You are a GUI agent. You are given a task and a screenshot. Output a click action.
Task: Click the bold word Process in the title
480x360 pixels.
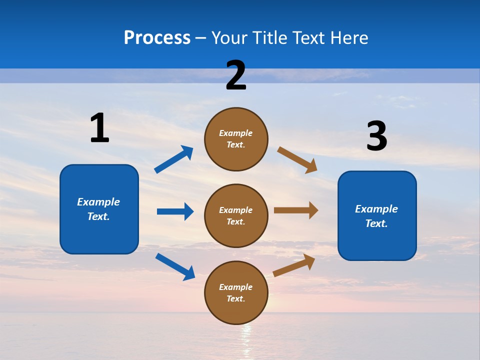[x=157, y=38]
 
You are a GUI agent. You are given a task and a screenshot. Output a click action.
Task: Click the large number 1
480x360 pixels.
[x=99, y=128]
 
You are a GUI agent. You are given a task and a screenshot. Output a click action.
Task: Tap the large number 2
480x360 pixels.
[x=236, y=75]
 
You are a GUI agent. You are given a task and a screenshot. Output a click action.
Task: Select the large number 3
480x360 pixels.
[x=376, y=136]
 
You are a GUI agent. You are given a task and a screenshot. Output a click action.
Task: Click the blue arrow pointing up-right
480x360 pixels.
[x=173, y=159]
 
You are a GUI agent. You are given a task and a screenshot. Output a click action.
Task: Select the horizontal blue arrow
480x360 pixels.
[x=175, y=211]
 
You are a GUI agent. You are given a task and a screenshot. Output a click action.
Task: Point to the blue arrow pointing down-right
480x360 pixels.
[x=175, y=266]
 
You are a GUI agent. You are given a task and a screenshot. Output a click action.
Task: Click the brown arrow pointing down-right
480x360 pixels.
[x=297, y=160]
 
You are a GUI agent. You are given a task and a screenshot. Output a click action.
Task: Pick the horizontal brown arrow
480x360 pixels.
[x=296, y=210]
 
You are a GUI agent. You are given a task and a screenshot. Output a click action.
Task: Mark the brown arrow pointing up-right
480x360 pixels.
[x=294, y=265]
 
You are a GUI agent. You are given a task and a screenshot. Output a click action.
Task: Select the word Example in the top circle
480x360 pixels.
[x=235, y=133]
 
